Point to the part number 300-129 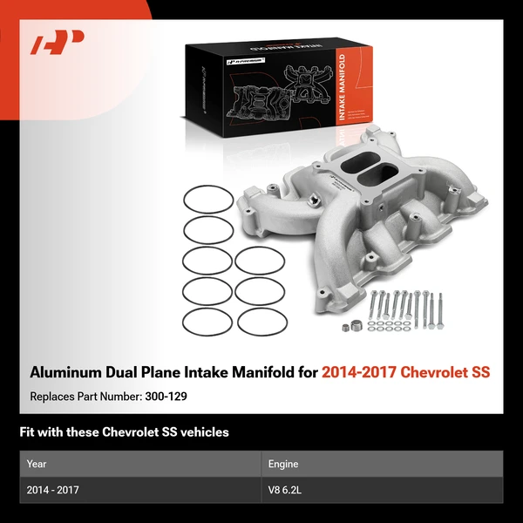click(168, 395)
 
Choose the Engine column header click(284, 465)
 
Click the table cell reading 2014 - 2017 click(53, 491)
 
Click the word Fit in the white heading click(27, 432)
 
